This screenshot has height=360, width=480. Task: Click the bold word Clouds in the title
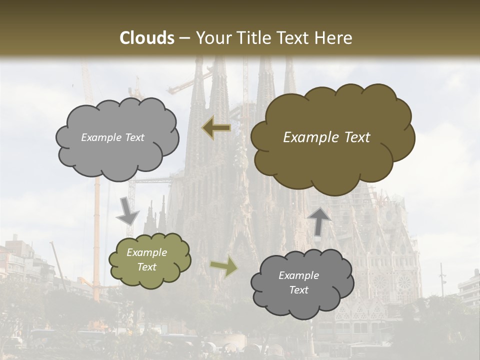(x=147, y=38)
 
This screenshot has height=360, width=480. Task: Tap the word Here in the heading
(x=334, y=38)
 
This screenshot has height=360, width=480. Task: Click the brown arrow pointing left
(x=216, y=128)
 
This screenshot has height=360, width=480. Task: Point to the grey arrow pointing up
(x=319, y=220)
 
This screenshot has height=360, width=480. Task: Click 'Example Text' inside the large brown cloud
(x=326, y=137)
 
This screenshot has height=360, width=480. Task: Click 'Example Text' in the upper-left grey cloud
(x=112, y=137)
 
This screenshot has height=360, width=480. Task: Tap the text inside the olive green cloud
(x=147, y=260)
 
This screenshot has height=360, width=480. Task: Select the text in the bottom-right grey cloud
(x=299, y=282)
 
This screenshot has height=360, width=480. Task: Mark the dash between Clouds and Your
(x=183, y=38)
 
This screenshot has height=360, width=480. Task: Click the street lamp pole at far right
(x=442, y=280)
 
